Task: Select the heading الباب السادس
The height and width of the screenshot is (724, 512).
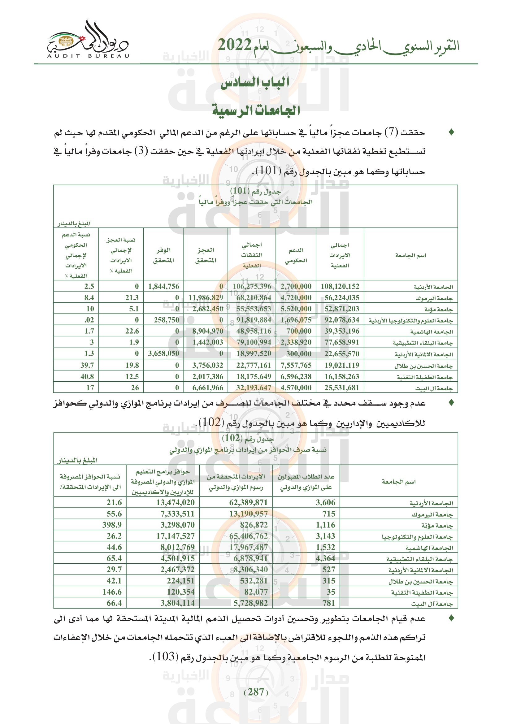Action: (x=255, y=83)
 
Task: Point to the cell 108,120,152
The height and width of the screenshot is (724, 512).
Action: (x=340, y=286)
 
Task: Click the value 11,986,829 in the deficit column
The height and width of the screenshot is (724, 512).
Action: (x=206, y=298)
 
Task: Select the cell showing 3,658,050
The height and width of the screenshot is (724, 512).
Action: (x=163, y=353)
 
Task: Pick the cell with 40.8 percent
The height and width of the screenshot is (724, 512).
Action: (x=87, y=376)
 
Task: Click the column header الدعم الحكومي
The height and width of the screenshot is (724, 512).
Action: (x=296, y=255)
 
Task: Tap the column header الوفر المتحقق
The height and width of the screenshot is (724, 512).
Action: (x=163, y=255)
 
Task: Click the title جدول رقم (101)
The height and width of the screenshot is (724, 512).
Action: (x=255, y=191)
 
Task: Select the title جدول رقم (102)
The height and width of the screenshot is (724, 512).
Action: (x=248, y=438)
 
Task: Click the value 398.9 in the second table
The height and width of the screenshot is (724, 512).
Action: (x=112, y=525)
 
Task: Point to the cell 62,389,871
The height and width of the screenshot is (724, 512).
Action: (x=248, y=502)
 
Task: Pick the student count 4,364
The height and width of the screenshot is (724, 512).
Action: (x=325, y=558)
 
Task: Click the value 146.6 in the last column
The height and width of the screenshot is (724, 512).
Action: (x=112, y=592)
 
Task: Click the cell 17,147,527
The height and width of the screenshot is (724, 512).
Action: (x=175, y=536)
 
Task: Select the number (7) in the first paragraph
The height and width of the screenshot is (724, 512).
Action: (x=392, y=132)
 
